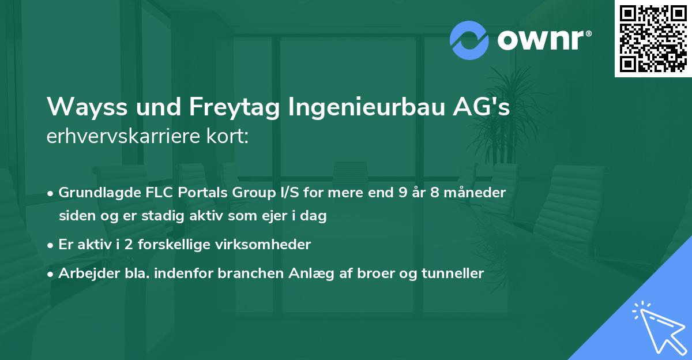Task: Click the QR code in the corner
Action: coord(653,38)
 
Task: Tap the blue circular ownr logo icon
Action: coord(469,40)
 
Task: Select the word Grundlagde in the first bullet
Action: coord(95,193)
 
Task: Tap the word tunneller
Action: coord(453,273)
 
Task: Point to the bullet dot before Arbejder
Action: coord(51,273)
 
